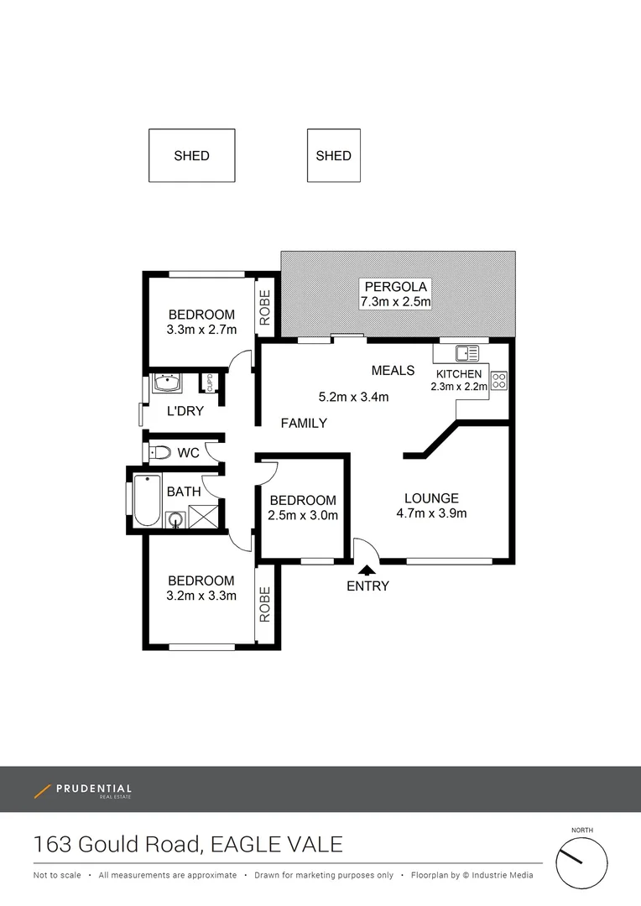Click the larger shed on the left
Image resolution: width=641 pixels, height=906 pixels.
pos(191,155)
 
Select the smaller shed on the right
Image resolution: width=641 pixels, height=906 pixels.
pos(333,155)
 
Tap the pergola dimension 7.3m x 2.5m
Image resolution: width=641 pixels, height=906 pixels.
pos(395,302)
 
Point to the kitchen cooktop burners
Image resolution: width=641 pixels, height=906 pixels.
pos(499,380)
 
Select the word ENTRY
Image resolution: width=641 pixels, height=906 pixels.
pos(367,586)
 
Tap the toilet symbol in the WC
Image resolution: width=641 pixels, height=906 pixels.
pos(159,453)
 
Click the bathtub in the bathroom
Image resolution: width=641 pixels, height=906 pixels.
pos(147,501)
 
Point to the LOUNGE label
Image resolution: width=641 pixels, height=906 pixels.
pos(432,497)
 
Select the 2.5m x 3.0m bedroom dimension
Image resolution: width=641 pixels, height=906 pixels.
pos(303,515)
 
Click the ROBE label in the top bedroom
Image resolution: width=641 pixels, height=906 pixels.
pos(265,308)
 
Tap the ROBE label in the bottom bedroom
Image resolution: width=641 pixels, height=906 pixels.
pos(265,605)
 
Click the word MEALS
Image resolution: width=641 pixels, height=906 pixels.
pos(393,370)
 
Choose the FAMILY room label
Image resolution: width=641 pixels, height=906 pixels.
pos(303,423)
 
